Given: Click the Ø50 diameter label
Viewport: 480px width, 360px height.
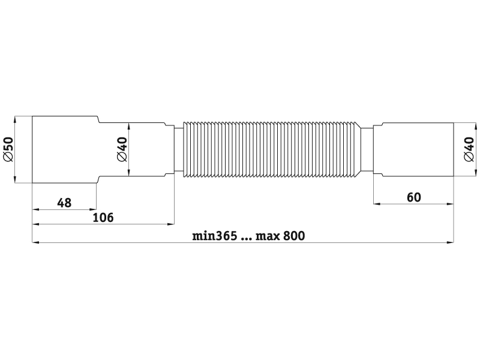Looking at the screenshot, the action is point(9,149).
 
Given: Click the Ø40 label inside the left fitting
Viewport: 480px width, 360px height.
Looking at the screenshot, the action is point(122,149).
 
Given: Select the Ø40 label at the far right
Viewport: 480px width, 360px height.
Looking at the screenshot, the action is point(469,149).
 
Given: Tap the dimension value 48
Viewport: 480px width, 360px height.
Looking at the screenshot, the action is point(64,203).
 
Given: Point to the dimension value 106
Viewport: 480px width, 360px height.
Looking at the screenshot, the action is point(103,218).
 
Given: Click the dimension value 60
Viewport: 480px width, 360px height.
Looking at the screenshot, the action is point(414,197).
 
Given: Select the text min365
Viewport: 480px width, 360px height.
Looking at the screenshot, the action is point(215,236).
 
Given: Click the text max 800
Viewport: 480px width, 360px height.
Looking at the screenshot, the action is point(280,236).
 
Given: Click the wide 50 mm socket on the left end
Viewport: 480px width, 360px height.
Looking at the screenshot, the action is point(65,149).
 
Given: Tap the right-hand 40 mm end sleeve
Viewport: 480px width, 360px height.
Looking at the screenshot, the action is point(413,149).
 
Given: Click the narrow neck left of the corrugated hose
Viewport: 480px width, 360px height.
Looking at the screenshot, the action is point(178,149).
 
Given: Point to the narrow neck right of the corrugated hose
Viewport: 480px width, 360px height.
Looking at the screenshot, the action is point(367,149).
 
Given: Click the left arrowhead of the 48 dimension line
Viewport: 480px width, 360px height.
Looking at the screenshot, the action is point(36,209).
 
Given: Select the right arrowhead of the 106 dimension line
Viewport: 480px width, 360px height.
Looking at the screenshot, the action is point(170,224).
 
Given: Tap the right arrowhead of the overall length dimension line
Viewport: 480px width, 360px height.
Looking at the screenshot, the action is point(450,243).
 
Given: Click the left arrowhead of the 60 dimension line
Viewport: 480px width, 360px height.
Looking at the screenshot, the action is point(377,203).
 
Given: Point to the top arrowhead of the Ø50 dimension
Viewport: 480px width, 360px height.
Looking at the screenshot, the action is point(14,119).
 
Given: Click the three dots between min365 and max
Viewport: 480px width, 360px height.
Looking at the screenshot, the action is point(247,239).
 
